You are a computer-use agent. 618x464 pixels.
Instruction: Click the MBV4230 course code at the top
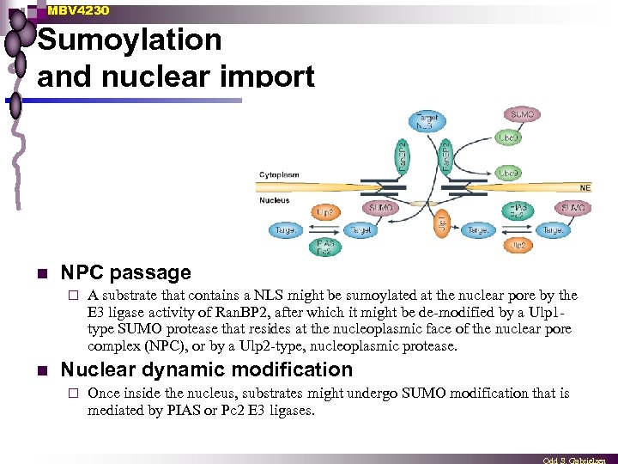[78, 9]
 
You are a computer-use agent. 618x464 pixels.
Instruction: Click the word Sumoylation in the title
[130, 40]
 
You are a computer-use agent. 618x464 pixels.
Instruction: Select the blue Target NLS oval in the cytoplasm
[426, 122]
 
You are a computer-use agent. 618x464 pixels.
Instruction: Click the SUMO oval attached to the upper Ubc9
[523, 114]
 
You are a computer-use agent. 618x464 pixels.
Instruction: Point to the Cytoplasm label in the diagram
[279, 174]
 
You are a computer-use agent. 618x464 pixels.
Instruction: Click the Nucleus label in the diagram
[275, 200]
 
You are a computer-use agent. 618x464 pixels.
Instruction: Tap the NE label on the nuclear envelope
[585, 186]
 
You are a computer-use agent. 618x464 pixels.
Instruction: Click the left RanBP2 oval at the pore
[402, 157]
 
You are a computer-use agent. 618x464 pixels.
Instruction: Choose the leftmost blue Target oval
[284, 230]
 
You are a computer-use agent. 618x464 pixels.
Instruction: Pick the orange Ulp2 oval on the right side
[518, 245]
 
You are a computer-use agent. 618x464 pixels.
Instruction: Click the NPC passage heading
[125, 273]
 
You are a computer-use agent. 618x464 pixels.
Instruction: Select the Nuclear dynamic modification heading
[206, 369]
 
